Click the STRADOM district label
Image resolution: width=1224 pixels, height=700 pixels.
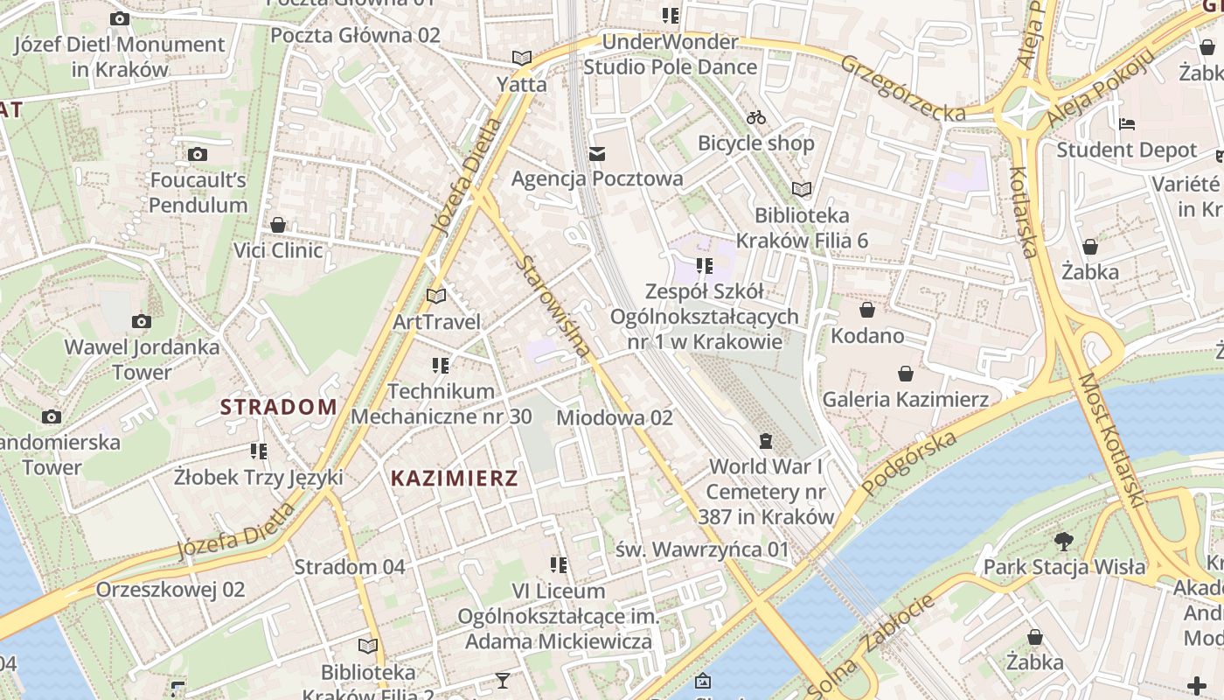point(278,407)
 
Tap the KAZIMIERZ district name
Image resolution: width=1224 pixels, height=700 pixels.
point(454,479)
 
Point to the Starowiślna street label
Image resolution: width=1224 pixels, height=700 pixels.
point(553,306)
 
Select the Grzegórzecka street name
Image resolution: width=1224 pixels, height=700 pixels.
point(904,87)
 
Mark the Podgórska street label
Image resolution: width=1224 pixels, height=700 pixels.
point(909,464)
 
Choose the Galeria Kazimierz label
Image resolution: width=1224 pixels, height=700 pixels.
point(905,400)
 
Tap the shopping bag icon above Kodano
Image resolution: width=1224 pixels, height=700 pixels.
point(866,310)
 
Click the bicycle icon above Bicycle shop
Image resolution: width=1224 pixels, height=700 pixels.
point(756,117)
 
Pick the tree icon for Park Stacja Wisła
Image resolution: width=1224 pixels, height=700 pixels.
point(1063,541)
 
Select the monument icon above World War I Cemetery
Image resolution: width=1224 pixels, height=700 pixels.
point(766,439)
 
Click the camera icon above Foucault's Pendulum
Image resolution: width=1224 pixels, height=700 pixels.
point(198,155)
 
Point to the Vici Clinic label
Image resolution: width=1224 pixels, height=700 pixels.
point(277,251)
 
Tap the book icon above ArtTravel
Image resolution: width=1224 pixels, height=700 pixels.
point(435,296)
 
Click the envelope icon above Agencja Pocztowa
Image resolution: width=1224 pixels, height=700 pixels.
point(597,154)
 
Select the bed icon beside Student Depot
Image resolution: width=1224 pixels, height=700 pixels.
point(1127,124)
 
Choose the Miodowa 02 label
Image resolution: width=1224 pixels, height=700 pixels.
point(614,417)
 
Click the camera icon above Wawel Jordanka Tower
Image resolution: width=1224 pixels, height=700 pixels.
point(141,322)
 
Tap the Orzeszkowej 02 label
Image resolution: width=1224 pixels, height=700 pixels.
point(170,589)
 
